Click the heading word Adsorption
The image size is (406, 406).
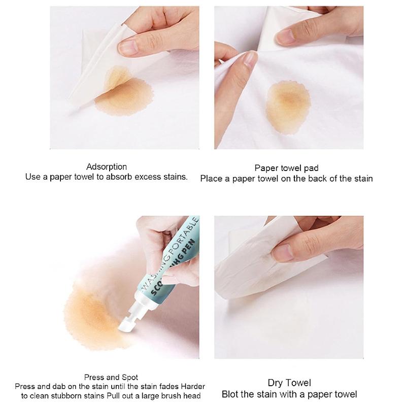[107, 166]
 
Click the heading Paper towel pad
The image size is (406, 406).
[286, 168]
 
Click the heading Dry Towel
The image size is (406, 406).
[289, 383]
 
